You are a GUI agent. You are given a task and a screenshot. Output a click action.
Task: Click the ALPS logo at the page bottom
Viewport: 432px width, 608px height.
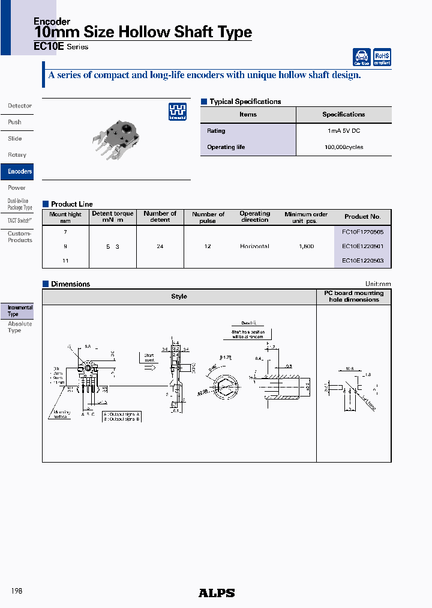point(217,593)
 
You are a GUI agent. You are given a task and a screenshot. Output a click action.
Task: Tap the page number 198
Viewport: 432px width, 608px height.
point(17,591)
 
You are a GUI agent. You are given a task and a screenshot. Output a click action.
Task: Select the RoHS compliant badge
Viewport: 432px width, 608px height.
point(382,57)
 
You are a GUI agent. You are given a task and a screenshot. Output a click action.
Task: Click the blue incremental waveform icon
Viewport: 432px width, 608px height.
point(177,111)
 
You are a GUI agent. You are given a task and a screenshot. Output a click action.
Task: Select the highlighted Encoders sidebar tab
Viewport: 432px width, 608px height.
point(19,171)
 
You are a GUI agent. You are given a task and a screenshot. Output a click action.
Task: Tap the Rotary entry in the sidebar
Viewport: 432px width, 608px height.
point(17,155)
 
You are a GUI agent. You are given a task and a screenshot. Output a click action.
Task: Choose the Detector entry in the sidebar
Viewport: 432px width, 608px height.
point(20,106)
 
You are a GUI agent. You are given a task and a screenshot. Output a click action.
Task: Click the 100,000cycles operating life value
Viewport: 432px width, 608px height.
point(343,147)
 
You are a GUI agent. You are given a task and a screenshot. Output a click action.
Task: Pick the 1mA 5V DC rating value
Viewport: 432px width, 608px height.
point(343,131)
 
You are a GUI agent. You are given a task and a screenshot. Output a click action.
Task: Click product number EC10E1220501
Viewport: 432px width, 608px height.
point(362,246)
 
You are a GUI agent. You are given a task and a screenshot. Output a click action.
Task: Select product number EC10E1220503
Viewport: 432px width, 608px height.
point(362,261)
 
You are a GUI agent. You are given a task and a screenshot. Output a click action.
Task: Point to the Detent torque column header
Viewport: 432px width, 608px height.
point(112,216)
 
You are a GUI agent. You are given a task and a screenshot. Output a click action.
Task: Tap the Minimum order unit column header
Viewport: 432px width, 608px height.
point(306,217)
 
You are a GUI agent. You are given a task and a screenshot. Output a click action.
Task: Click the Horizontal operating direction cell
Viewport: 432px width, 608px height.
point(254,246)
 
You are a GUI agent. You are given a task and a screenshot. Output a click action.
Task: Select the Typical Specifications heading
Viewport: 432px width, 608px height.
point(245,102)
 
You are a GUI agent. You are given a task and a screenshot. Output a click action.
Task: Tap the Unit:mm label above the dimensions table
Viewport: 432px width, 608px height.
point(377,284)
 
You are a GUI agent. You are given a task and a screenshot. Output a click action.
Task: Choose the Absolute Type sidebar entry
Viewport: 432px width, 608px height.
point(20,327)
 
